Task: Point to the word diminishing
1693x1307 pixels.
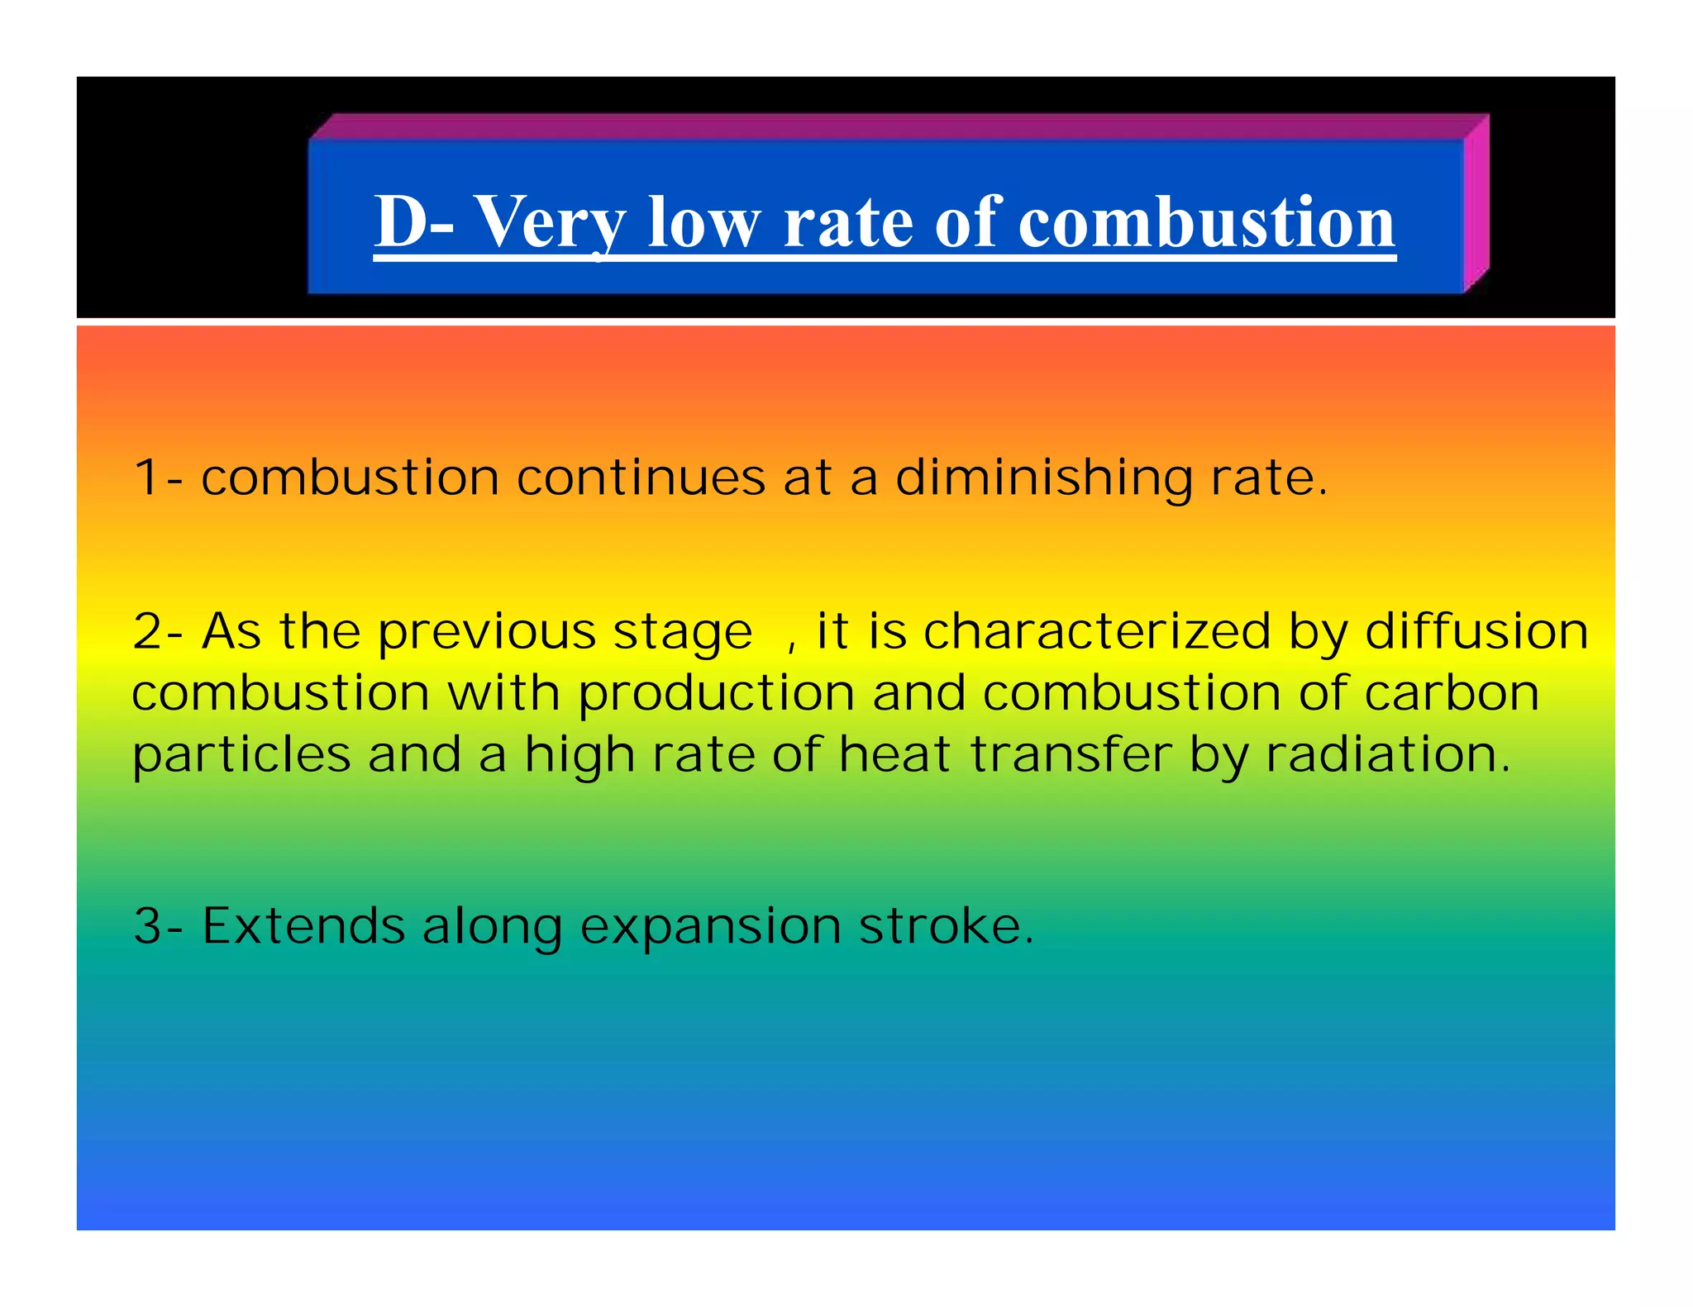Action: pyautogui.click(x=1043, y=479)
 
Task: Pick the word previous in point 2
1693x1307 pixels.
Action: pyautogui.click(x=487, y=634)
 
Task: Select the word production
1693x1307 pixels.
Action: pyautogui.click(x=716, y=694)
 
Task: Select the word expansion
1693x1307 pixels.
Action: pyautogui.click(x=710, y=927)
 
